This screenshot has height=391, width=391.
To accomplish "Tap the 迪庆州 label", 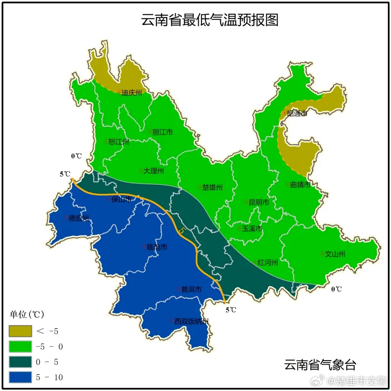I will [131, 92].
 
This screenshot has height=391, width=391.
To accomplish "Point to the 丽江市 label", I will [162, 132].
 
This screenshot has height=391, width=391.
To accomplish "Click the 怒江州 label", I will [118, 142].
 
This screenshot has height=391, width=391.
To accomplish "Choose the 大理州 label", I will [153, 171].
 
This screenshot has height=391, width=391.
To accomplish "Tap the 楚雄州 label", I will [212, 187].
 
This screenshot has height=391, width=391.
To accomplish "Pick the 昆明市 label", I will [258, 202].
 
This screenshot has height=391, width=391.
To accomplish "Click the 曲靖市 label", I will [300, 185].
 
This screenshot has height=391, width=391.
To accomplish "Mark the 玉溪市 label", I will [251, 229].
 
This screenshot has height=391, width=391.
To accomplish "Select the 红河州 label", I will [267, 262].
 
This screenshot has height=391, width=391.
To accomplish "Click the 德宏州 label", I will [78, 218].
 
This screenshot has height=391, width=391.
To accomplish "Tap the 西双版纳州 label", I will [191, 321].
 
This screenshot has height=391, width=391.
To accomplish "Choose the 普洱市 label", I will [191, 289].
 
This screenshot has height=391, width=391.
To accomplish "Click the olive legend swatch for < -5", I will [20, 332].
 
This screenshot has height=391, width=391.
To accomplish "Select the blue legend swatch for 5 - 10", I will [20, 377].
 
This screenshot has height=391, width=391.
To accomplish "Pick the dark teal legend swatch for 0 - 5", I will [20, 362].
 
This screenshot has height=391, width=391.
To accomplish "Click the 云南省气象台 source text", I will [319, 365].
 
